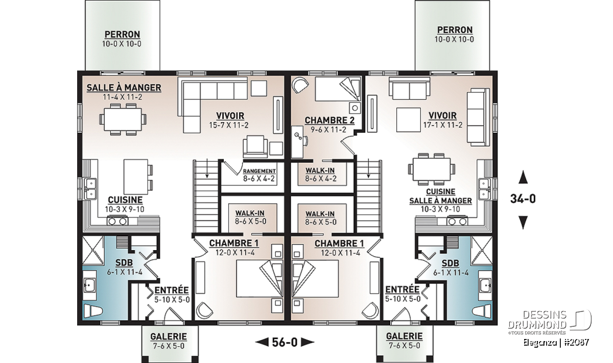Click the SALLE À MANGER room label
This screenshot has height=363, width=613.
pos(124,88)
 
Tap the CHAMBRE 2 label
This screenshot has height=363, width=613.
pos(329,120)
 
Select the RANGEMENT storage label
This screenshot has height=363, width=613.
pos(260,171)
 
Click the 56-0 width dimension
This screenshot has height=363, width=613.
pos(285,342)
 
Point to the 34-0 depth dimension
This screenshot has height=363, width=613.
pos(523,199)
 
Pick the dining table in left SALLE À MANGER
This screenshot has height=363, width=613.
pos(123,119)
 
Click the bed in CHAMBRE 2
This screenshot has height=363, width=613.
pos(338,89)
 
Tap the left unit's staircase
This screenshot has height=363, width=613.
pos(206,196)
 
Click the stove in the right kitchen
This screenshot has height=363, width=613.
pos(457,221)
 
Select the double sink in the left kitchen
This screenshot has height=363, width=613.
pos(90,189)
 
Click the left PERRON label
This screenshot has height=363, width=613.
pos(122,35)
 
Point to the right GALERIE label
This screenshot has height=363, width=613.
pos(404,336)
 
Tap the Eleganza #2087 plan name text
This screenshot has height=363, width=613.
pos(556,343)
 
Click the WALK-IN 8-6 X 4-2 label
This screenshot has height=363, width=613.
pos(320,175)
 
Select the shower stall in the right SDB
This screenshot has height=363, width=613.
pos(481,251)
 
